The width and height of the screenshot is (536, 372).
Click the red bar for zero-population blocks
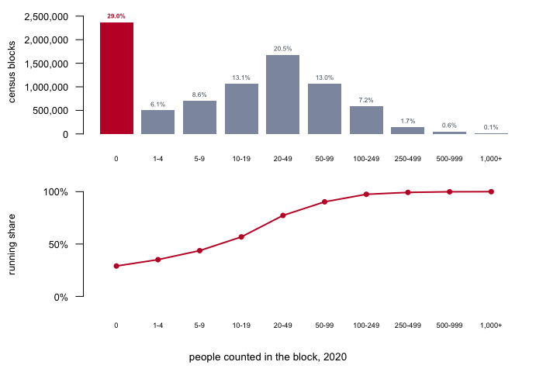point(116,78)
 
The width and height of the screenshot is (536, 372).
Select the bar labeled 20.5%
point(282,95)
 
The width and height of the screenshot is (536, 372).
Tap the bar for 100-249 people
point(366,120)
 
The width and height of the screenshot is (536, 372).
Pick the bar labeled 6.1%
point(158,122)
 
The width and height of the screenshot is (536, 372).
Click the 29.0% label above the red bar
point(116,16)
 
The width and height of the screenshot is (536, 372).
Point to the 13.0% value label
point(324,77)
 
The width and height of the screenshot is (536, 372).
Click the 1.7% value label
point(408,121)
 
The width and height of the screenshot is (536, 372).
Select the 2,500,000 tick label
point(46,16)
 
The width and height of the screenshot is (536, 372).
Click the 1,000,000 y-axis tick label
point(46,87)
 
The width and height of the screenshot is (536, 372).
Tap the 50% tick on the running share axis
point(58,245)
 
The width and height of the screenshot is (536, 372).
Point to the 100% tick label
point(56,192)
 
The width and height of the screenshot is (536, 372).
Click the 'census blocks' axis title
point(12,72)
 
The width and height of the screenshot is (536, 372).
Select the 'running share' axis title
point(12,245)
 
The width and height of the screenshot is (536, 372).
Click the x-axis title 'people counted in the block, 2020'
point(268,357)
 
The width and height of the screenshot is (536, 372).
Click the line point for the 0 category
point(116,266)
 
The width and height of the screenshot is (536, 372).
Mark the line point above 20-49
point(282,215)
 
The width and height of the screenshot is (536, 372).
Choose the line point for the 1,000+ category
point(491,191)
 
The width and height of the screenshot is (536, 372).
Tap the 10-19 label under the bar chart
point(241,159)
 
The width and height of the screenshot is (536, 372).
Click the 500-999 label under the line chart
point(449,325)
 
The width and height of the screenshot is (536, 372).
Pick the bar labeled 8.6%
point(199,117)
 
